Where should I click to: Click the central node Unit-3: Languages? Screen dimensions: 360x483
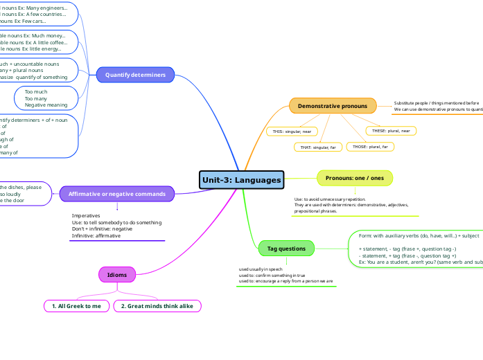coord(241,180)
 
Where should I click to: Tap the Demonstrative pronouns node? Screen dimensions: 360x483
coord(333,106)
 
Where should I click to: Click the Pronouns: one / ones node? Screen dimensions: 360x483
coord(354,178)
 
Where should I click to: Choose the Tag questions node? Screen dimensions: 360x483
coord(286,248)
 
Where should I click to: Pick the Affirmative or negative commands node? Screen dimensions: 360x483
coord(117,194)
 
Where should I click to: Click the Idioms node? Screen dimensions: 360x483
coord(117,275)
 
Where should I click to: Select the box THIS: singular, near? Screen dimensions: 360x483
coord(292,131)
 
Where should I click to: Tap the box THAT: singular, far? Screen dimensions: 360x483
coord(314,147)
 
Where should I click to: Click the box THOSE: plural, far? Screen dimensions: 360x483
coord(369,147)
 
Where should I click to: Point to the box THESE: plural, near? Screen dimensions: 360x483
coord(391,131)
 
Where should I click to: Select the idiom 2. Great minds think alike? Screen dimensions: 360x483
coord(157,306)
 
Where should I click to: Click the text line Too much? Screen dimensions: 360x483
coord(36,91)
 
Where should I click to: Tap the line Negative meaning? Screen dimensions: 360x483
coord(46,105)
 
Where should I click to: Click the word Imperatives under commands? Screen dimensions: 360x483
coord(86,215)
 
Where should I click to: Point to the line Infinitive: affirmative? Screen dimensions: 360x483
coord(96,235)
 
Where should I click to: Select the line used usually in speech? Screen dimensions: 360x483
coord(261,269)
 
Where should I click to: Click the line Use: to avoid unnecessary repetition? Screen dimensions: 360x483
coord(330,199)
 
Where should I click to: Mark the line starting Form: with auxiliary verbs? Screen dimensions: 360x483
coord(419,235)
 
